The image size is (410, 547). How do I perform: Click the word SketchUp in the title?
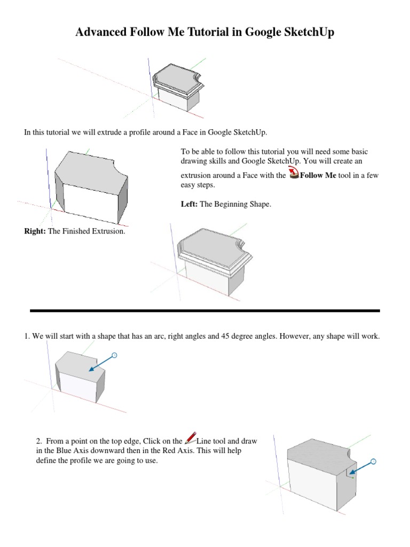click(304, 33)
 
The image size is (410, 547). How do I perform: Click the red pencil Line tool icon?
click(190, 439)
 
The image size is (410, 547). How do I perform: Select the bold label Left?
click(189, 205)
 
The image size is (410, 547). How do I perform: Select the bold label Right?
click(35, 231)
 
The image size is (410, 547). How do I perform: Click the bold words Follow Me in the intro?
click(318, 175)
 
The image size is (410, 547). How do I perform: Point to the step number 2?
click(38, 441)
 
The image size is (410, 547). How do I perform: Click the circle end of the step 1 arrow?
click(114, 355)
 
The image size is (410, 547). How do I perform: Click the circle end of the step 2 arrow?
click(373, 460)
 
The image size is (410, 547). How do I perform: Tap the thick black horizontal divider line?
click(205, 310)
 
